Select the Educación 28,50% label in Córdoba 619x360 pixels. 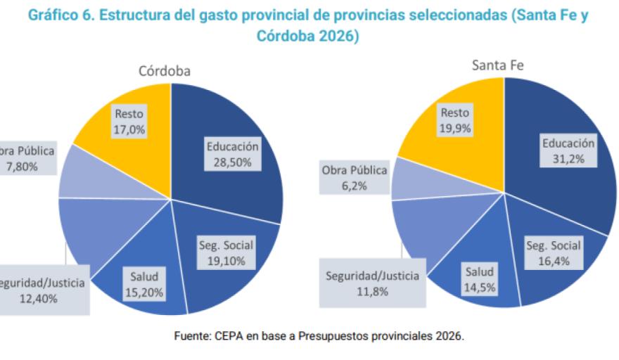click(233, 154)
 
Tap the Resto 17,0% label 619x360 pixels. click(130, 121)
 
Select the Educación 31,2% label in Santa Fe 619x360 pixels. click(568, 150)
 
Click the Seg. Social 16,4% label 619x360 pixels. click(554, 252)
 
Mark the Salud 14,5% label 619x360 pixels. click(478, 278)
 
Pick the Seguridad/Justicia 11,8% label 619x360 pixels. click(372, 283)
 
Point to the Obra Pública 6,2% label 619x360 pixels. click(355, 177)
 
